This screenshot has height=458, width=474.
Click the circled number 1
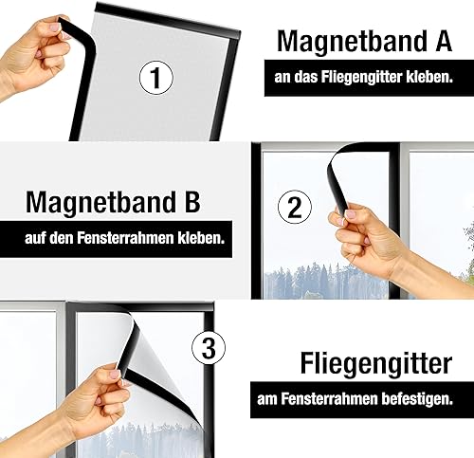pyautogui.click(x=156, y=78)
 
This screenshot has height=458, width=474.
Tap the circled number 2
pyautogui.click(x=295, y=207)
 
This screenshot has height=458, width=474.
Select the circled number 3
pyautogui.click(x=209, y=348)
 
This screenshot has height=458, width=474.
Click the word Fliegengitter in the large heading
pyautogui.click(x=376, y=364)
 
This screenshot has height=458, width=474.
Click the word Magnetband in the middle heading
pyautogui.click(x=100, y=202)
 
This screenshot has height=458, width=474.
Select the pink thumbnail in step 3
pyautogui.click(x=114, y=376)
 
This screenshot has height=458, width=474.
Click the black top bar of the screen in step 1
pyautogui.click(x=168, y=21)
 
